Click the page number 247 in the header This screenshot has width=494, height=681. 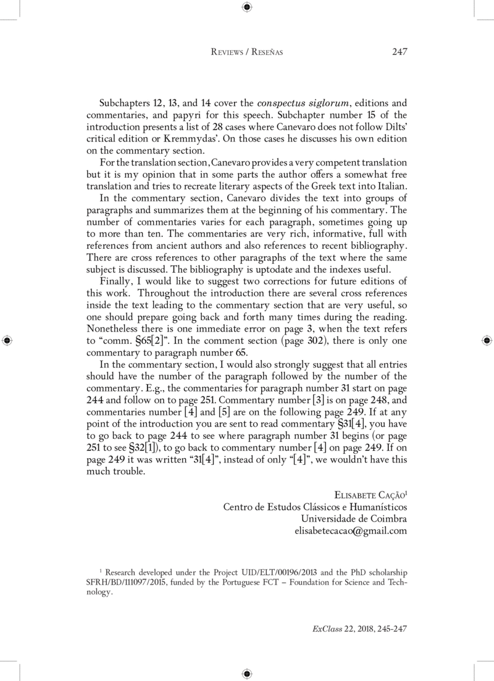click(x=400, y=52)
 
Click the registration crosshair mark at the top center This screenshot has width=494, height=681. click(x=246, y=7)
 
